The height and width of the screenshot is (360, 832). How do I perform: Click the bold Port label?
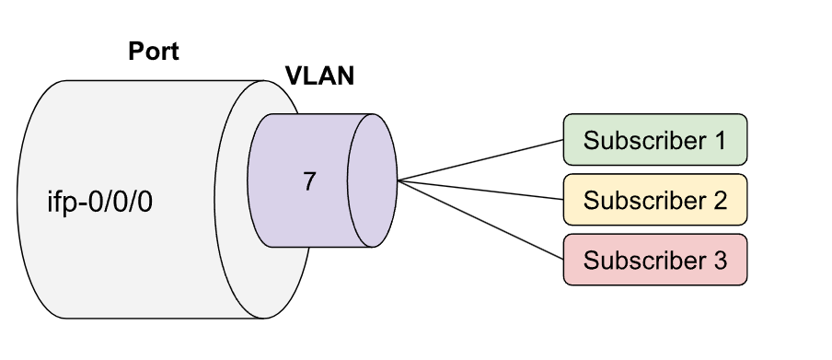pyautogui.click(x=153, y=51)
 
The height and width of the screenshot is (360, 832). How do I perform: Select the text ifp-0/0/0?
pyautogui.click(x=99, y=201)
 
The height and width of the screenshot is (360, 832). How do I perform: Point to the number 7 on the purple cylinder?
pyautogui.click(x=309, y=181)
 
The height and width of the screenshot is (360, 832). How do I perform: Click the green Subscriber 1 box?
pyautogui.click(x=654, y=141)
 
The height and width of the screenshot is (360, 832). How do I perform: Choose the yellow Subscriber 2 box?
pyautogui.click(x=654, y=200)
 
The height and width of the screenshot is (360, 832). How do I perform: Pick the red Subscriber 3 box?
pyautogui.click(x=654, y=260)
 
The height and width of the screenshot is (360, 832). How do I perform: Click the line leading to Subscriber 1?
pyautogui.click(x=479, y=160)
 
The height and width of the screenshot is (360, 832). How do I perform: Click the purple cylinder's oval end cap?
pyautogui.click(x=371, y=180)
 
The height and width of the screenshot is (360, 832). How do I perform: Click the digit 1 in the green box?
pyautogui.click(x=720, y=141)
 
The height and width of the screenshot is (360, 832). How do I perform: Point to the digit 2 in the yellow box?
pyautogui.click(x=720, y=200)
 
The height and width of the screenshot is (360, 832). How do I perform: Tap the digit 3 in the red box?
pyautogui.click(x=720, y=260)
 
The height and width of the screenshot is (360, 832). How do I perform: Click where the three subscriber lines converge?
pyautogui.click(x=398, y=180)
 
